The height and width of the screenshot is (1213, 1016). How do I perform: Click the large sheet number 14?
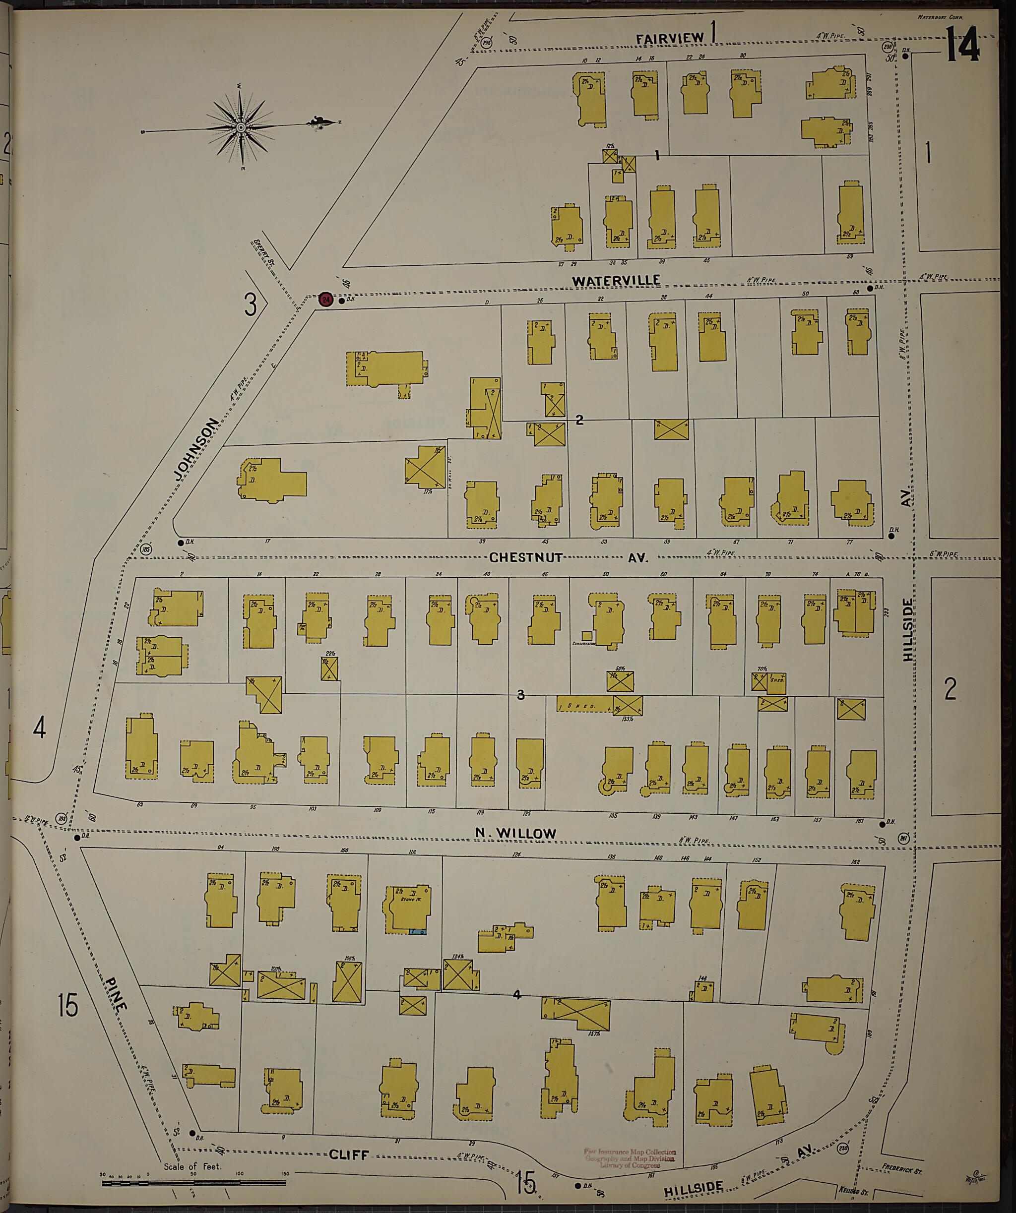(963, 46)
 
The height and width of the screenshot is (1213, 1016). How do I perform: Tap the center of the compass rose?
(240, 126)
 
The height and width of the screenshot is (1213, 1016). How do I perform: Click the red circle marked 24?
(326, 300)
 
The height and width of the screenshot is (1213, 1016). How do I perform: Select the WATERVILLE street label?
(616, 281)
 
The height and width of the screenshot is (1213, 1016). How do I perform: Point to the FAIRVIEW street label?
(670, 39)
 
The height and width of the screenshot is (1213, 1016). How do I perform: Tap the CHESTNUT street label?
(526, 557)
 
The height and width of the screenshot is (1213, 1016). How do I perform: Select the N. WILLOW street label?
(515, 833)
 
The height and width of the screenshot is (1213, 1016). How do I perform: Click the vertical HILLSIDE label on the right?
(908, 630)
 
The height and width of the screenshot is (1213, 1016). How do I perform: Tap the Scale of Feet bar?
(193, 1182)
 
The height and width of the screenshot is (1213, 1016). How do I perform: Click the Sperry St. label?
(264, 252)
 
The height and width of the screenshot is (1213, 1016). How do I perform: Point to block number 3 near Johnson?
(250, 304)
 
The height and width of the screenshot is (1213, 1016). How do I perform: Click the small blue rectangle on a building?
(413, 932)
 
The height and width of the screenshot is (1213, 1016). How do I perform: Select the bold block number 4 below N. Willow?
(516, 995)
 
